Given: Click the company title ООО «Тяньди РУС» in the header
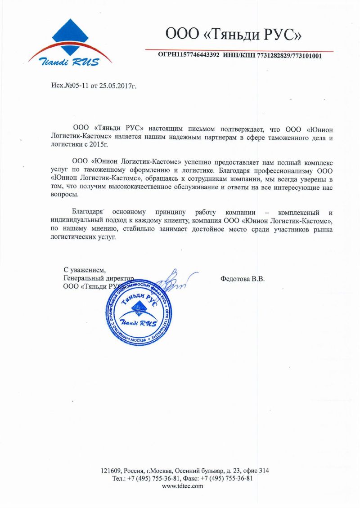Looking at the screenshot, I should [x=233, y=34].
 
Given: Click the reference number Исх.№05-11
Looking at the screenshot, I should [x=70, y=85].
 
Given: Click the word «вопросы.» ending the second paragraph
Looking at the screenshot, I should [x=64, y=195].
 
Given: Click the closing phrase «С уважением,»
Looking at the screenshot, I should [x=85, y=270].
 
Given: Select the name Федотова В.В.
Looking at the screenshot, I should [x=243, y=279].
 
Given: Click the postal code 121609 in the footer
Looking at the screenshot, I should [x=109, y=471].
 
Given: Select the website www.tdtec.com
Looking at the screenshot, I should [x=182, y=486].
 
